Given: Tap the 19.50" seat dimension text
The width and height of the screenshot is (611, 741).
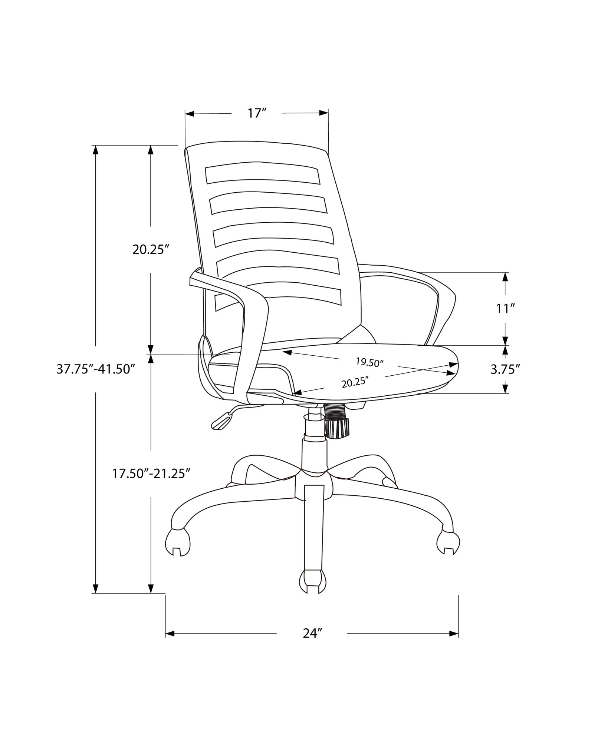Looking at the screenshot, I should (x=369, y=362).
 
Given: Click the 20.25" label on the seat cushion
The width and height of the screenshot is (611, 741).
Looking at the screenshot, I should (x=355, y=382).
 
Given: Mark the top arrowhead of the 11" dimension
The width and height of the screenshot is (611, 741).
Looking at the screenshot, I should (x=505, y=277).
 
